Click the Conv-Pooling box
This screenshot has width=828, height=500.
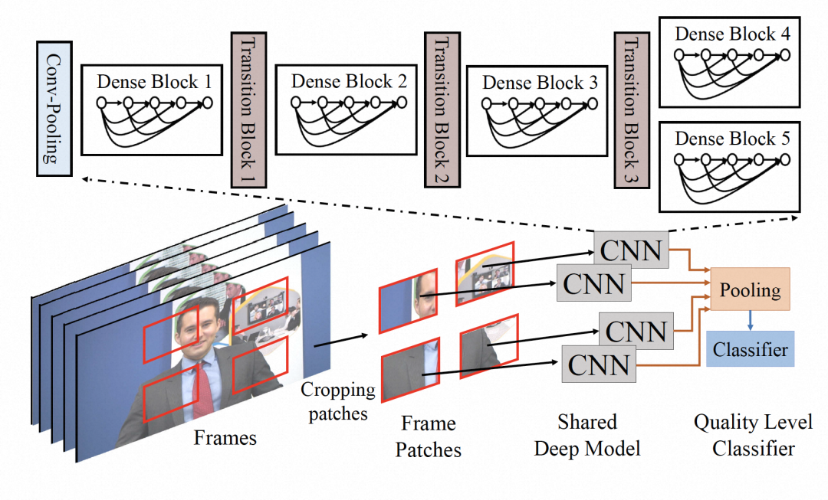[x=54, y=109]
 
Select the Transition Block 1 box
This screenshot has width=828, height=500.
[x=248, y=109]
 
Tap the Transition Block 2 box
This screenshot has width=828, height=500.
[x=442, y=109]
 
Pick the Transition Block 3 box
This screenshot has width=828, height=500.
[x=632, y=109]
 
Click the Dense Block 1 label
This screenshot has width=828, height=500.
[x=154, y=82]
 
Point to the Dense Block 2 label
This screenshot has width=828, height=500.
[x=349, y=81]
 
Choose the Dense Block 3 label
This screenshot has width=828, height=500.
[x=540, y=82]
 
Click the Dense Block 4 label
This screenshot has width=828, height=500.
[x=732, y=34]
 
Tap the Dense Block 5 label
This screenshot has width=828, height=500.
[x=732, y=138]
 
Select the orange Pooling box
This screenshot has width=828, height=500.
[x=751, y=289]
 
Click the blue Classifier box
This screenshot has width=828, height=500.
[x=751, y=348]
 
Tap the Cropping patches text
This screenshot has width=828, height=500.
[x=338, y=401]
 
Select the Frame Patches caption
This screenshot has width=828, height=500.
[x=429, y=436]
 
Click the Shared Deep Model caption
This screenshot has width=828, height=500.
[x=587, y=435]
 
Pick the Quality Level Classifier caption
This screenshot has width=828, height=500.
[x=753, y=435]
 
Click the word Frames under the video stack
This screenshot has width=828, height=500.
[x=225, y=437]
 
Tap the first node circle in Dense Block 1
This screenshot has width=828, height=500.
[x=101, y=103]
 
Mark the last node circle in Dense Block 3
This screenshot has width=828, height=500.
[x=593, y=103]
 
